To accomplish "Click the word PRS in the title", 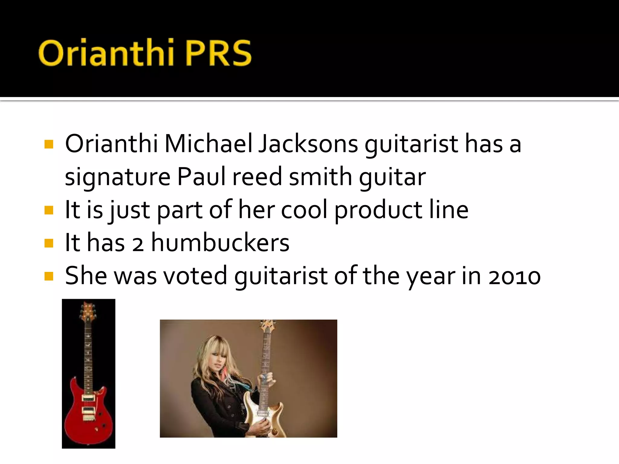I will (218, 53).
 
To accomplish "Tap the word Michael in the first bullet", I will (208, 144).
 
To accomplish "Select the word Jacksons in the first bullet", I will (308, 144).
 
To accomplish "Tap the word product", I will (378, 210).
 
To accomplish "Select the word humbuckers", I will (220, 243).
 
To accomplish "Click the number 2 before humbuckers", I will (138, 244).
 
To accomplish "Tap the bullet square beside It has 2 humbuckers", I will (49, 243).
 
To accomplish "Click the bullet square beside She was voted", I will (49, 276).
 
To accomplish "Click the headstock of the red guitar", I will (88, 311).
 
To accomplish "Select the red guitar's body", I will (89, 417).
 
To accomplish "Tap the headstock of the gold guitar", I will (267, 326).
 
